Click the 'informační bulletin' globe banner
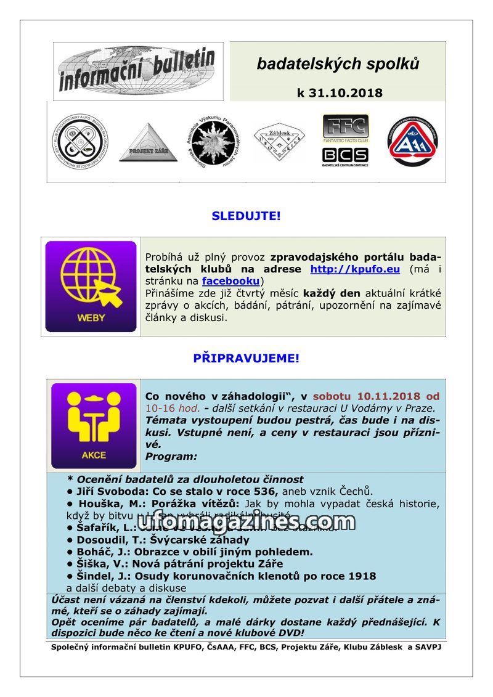coord(137,70)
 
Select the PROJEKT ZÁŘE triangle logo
coord(139,143)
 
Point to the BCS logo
coord(345,155)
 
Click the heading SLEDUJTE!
coord(246,216)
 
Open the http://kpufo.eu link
coord(355,269)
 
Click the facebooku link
coord(230,282)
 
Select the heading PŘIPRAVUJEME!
coord(246,358)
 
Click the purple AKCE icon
coord(94,426)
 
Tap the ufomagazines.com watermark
coord(246,522)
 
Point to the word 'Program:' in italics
coord(171,457)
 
